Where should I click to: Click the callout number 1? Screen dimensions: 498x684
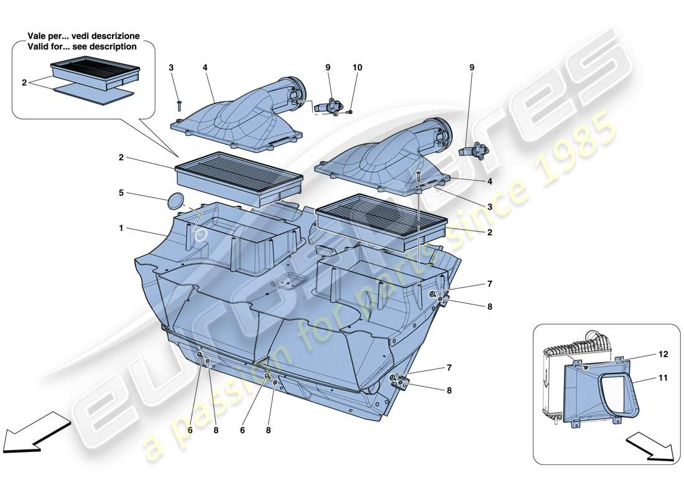click(121, 228)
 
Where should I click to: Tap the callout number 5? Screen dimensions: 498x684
click(121, 193)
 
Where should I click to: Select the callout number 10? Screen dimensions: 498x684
click(357, 67)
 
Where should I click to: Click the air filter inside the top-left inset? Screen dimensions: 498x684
click(96, 70)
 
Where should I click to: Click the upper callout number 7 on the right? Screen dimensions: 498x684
click(489, 284)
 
